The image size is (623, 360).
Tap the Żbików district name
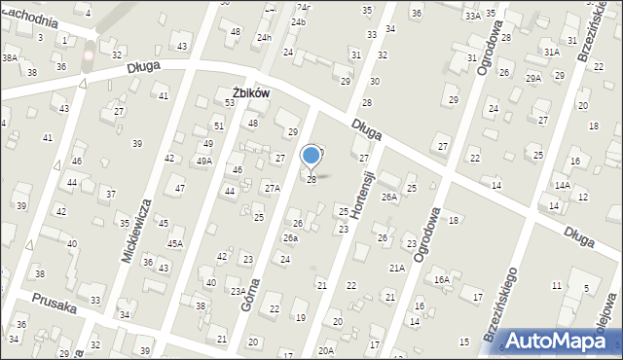click(x=249, y=92)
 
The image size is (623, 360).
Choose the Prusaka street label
click(x=55, y=299)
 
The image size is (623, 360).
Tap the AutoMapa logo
click(x=556, y=341)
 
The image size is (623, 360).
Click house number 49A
click(x=203, y=162)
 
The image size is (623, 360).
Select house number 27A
click(x=272, y=189)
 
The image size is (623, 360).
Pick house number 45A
click(x=174, y=244)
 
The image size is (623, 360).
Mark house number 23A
click(x=238, y=291)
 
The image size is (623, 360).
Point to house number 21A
click(x=396, y=268)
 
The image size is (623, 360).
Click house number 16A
click(x=442, y=279)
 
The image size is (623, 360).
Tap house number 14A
click(x=562, y=185)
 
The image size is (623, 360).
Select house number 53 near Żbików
click(x=231, y=102)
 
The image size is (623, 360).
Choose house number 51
click(x=219, y=126)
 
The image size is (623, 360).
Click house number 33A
click(x=472, y=17)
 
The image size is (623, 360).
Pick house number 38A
click(x=9, y=58)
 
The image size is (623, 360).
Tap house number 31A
click(x=552, y=52)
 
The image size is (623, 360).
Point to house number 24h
click(x=263, y=37)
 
